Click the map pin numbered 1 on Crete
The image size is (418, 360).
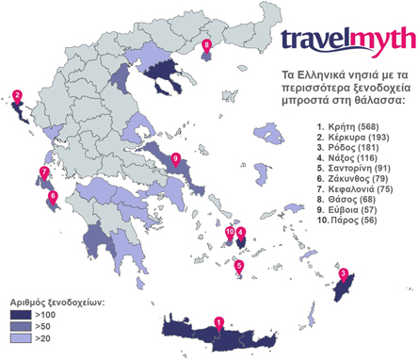tap(219, 321)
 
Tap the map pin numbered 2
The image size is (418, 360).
tap(17, 94)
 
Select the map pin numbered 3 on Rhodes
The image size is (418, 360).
tap(344, 274)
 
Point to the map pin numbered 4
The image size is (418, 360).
tap(241, 233)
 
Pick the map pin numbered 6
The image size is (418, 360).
tap(53, 196)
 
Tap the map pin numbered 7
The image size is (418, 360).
tap(43, 172)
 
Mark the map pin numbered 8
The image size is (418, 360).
tap(207, 44)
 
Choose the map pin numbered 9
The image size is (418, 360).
tap(176, 156)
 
